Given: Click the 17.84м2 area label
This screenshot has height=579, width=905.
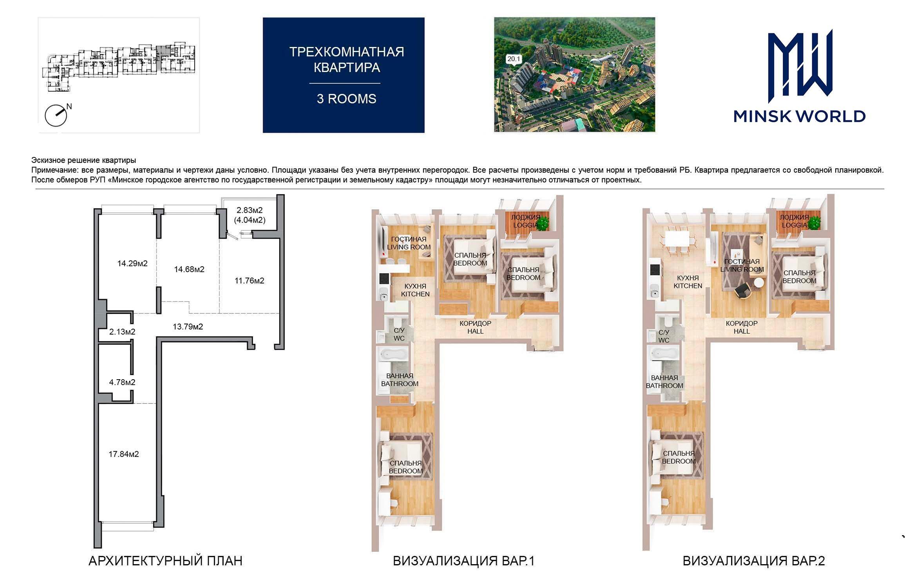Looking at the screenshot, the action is tap(124, 454).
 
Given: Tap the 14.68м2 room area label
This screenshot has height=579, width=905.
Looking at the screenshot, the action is tap(189, 270).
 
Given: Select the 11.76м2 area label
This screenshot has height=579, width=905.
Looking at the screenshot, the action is tap(250, 281).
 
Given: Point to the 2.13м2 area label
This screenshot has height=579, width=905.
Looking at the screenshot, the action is tap(122, 332).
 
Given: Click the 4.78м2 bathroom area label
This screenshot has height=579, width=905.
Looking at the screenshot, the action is tap(122, 382).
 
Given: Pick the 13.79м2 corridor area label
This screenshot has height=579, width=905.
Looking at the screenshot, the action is tap(188, 327).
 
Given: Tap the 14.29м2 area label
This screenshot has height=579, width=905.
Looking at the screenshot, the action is tap(132, 264).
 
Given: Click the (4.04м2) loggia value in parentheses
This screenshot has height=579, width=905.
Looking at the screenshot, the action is tap(250, 220).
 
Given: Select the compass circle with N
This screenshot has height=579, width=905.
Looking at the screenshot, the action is tap(56, 115).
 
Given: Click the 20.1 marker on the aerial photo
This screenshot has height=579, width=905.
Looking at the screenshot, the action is tap(514, 59).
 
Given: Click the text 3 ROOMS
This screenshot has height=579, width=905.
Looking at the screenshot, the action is tap(346, 99).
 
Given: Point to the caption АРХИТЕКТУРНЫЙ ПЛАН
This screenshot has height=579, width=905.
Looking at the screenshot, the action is tap(165, 561).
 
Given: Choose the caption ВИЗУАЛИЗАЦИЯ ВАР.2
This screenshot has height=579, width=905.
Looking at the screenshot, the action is tap(754, 561).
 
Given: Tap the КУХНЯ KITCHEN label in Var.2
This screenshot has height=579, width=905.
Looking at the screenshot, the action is tap(688, 282).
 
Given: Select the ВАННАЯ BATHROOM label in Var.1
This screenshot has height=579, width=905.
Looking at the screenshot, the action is tap(400, 380).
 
